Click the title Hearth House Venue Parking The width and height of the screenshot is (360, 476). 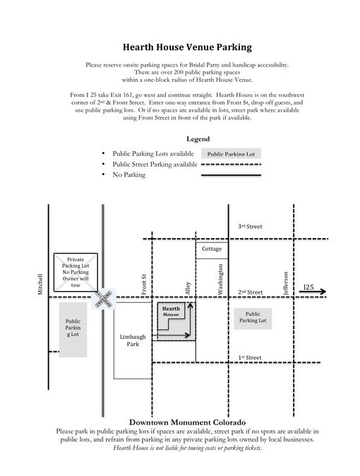[x=187, y=47]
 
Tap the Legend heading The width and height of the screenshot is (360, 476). [x=198, y=139]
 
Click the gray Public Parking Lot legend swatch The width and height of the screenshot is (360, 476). [x=231, y=154]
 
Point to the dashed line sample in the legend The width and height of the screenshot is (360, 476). [x=232, y=165]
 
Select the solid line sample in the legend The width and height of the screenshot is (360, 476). [x=232, y=175]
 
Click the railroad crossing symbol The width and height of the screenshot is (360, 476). [x=104, y=299]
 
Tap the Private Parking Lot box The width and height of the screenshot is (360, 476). [x=76, y=272]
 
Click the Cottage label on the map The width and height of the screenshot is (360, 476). [x=212, y=249]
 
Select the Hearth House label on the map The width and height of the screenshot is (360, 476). [x=171, y=311]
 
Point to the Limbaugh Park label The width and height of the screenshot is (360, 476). [x=133, y=340]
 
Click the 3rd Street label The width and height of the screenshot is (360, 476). [x=250, y=227]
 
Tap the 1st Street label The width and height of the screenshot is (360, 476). [x=249, y=357]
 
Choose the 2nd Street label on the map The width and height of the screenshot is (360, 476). [x=251, y=292]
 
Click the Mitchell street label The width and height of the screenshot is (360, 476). [x=40, y=284]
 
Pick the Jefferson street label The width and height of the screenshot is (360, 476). [x=286, y=283]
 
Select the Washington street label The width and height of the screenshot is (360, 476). [x=220, y=279]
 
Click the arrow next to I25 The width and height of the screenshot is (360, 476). [x=313, y=292]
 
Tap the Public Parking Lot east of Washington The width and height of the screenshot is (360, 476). [x=253, y=319]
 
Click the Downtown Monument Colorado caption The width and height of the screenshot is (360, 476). [x=187, y=422]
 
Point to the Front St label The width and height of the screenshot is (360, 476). [x=144, y=285]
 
